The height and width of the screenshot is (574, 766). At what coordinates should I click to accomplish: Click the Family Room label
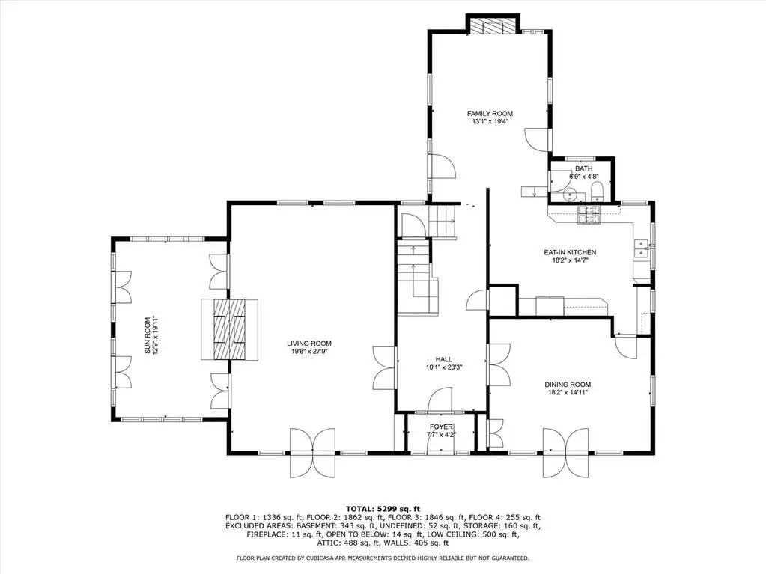[x=490, y=114]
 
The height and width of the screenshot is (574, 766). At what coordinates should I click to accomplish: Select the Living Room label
[x=309, y=344]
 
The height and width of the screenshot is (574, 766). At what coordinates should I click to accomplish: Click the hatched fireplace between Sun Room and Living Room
[x=230, y=329]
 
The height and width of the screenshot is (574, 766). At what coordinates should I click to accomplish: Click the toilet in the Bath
[x=598, y=191]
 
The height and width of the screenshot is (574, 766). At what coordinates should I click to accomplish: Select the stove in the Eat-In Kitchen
[x=589, y=215]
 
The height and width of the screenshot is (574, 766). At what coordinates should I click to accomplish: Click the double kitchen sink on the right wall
[x=641, y=248]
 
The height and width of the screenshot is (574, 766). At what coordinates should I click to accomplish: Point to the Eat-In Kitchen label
[x=570, y=253]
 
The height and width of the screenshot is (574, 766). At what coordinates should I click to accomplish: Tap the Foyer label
[x=441, y=427]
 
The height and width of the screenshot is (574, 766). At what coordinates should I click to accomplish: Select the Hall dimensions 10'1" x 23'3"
[x=443, y=367]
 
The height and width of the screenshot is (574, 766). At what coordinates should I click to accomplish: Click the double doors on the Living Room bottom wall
[x=313, y=453]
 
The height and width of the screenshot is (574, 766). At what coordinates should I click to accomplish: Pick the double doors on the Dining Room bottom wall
[x=566, y=453]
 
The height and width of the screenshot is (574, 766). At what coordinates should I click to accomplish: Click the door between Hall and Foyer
[x=440, y=400]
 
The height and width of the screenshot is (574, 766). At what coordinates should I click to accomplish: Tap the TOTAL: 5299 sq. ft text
[x=383, y=509]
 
